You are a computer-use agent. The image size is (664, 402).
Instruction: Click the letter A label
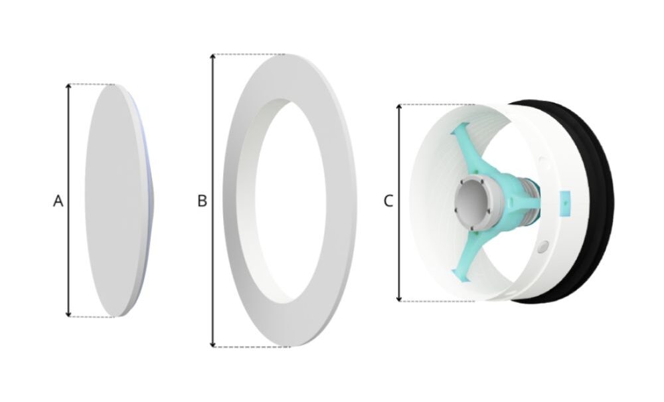pyautogui.click(x=58, y=201)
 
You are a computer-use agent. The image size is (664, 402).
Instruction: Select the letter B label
pyautogui.click(x=203, y=201)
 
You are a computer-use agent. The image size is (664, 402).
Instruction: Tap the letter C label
pyautogui.click(x=388, y=201)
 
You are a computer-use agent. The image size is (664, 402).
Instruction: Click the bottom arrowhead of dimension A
pyautogui.click(x=68, y=314)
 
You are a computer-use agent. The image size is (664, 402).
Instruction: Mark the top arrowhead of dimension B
pyautogui.click(x=213, y=57)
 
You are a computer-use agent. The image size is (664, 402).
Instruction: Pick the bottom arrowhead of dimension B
pyautogui.click(x=213, y=344)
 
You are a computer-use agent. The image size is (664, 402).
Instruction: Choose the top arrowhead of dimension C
pyautogui.click(x=399, y=107)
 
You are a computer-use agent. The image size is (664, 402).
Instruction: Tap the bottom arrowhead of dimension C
pyautogui.click(x=399, y=298)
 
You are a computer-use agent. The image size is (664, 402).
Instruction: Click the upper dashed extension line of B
pyautogui.click(x=250, y=54)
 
